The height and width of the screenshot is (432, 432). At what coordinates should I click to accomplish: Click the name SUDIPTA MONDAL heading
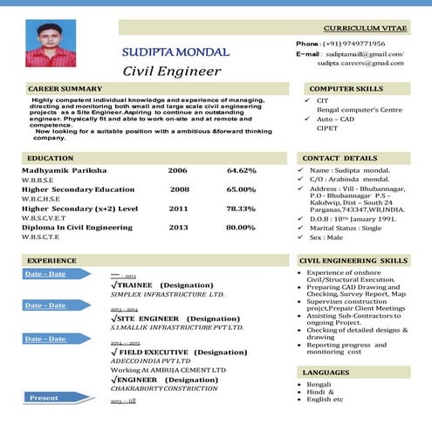175,52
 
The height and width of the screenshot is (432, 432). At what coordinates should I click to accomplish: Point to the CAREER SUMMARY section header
65,89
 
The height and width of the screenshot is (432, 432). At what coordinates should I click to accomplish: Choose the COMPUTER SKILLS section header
346,89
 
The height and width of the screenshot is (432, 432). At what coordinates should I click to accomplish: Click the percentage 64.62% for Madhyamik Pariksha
242,170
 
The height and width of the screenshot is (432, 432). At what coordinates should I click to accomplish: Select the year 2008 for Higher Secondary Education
180,189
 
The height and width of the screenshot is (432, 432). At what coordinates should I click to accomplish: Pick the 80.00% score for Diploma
241,228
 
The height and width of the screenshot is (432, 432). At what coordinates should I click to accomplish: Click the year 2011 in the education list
178,209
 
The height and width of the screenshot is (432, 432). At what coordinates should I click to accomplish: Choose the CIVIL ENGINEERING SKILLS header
353,261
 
